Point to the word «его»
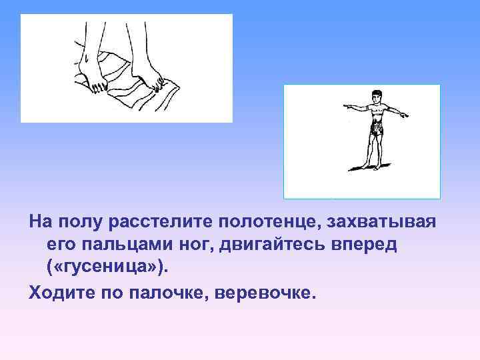pyautogui.click(x=61, y=245)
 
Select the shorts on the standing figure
pyautogui.click(x=375, y=128)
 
